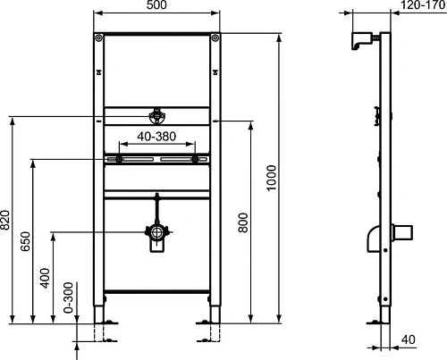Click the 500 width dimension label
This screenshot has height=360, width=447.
(157, 6)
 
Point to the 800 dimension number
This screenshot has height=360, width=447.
(242, 223)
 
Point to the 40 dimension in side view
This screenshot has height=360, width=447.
(408, 339)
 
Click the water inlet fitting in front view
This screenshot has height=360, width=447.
(157, 116)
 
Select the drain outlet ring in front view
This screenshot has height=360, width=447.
(157, 233)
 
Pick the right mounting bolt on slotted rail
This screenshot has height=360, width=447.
(194, 159)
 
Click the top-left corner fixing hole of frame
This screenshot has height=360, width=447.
(98, 38)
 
